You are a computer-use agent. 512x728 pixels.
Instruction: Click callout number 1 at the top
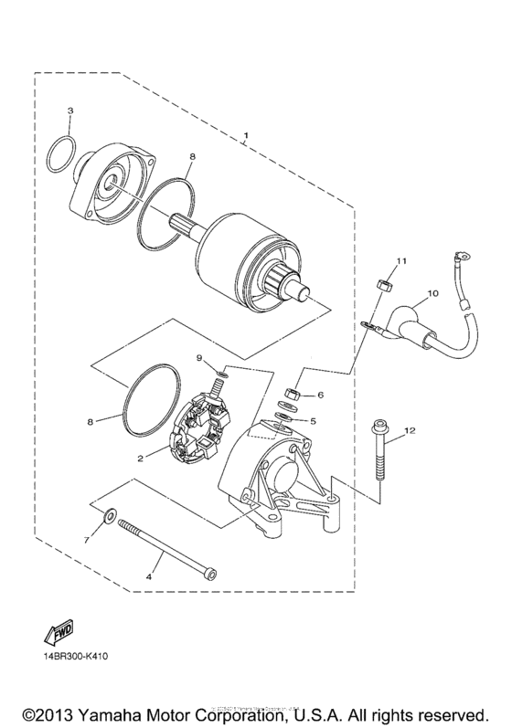245,137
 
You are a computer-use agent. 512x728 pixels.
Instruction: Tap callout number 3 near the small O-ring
70,111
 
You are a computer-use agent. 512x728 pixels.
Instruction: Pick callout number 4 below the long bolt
150,577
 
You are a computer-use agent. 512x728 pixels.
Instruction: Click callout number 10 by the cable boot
433,294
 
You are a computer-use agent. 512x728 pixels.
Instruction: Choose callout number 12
410,430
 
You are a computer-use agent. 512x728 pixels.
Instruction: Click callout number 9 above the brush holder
198,356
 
